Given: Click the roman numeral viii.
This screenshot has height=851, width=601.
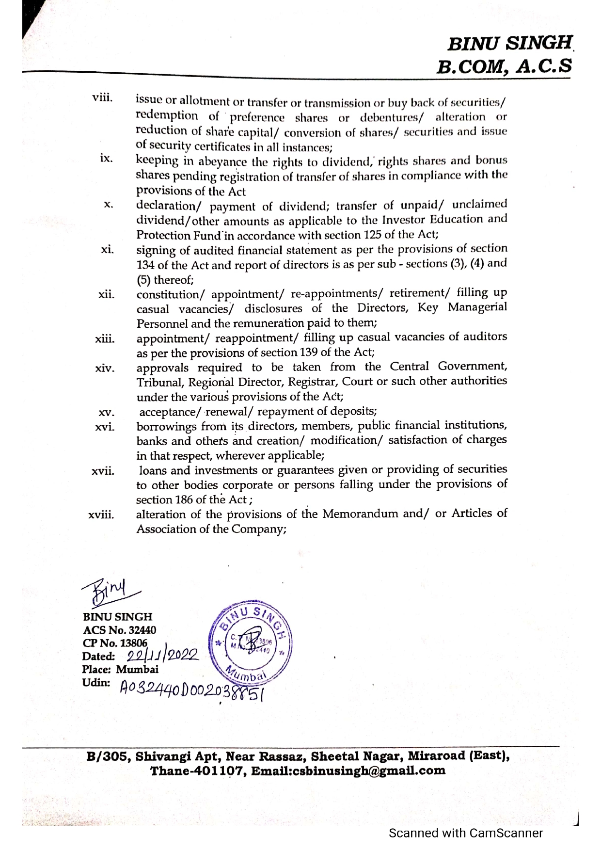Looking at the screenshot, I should coord(102,98).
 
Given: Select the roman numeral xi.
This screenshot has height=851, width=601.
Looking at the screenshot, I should coord(107,250).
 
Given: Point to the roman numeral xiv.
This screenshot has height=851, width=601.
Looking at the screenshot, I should coord(105,369).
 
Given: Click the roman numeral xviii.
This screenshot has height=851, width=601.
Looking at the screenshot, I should coord(101,515).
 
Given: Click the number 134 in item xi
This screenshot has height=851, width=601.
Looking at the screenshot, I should coord(144,265).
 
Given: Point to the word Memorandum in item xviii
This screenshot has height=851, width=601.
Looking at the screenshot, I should coord(361,514).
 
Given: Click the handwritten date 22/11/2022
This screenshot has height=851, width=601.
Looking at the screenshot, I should coord(162,656).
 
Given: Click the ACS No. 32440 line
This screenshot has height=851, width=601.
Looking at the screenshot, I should coord(120,630).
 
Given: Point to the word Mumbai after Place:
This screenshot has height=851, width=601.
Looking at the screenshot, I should coord(137,670).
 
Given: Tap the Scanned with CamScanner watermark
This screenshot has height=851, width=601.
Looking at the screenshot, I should coord(466,833).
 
